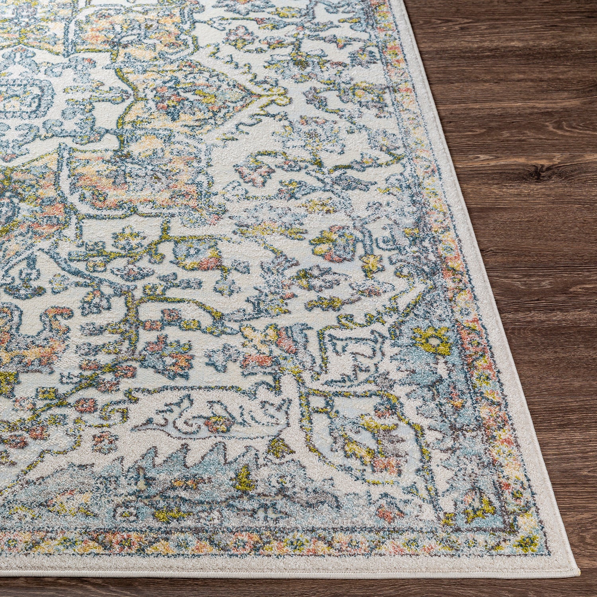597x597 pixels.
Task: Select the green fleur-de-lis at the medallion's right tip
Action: pyautogui.click(x=279, y=94)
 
